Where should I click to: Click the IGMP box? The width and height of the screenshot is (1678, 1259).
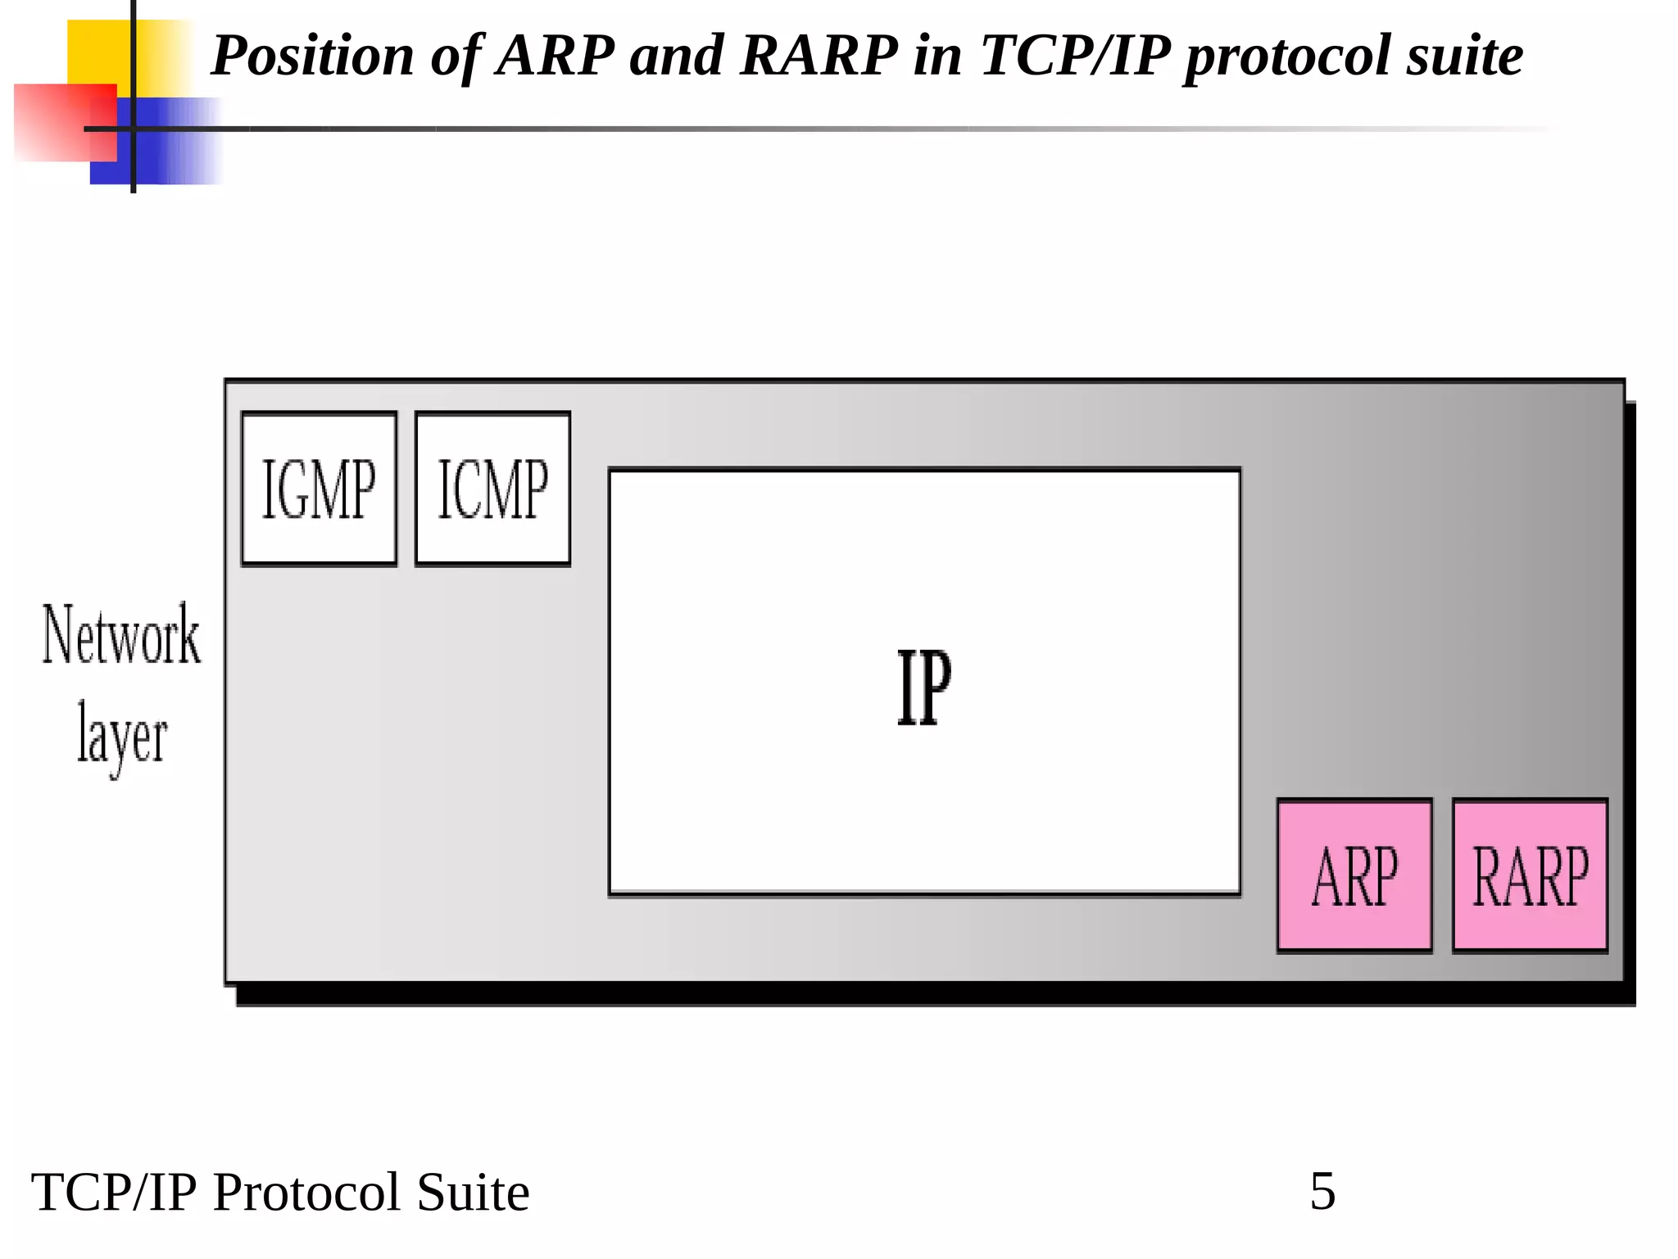pyautogui.click(x=319, y=489)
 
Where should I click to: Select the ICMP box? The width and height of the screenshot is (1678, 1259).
pyautogui.click(x=492, y=489)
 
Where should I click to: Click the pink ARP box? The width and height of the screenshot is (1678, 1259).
pyautogui.click(x=1354, y=875)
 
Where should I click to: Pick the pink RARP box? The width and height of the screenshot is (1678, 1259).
pyautogui.click(x=1530, y=875)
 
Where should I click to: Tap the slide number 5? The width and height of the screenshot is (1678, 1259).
pyautogui.click(x=1322, y=1191)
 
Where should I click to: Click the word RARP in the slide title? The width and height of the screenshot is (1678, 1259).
pyautogui.click(x=819, y=56)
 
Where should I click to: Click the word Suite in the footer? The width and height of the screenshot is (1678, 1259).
pyautogui.click(x=473, y=1192)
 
